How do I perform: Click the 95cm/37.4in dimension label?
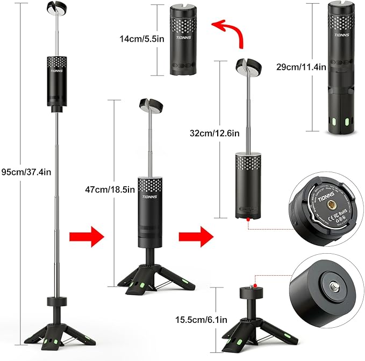(27, 172)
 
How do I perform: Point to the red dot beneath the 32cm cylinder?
(247, 220)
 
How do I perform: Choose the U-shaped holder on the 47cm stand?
(152, 106)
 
